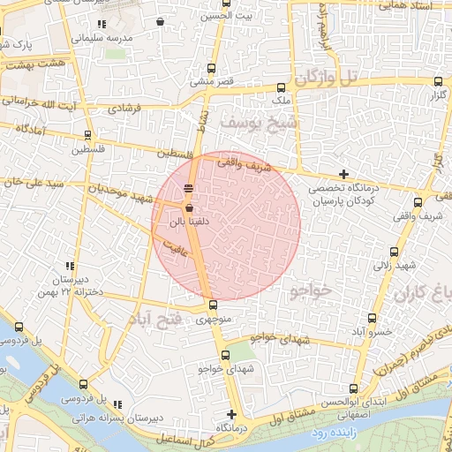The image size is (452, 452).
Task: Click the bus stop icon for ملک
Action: click(281, 87)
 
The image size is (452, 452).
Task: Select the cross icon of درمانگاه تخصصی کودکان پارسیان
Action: click(343, 174)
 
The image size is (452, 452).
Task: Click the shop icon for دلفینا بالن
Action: click(189, 207)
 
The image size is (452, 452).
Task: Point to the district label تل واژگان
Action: click(327, 78)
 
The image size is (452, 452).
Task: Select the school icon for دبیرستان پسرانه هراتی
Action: click(118, 404)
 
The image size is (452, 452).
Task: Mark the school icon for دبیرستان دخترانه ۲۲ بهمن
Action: click(69, 266)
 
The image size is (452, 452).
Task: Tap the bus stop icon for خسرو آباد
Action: click(371, 318)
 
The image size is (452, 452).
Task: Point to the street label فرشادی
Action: click(124, 109)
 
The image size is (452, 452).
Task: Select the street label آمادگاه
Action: click(28, 130)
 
